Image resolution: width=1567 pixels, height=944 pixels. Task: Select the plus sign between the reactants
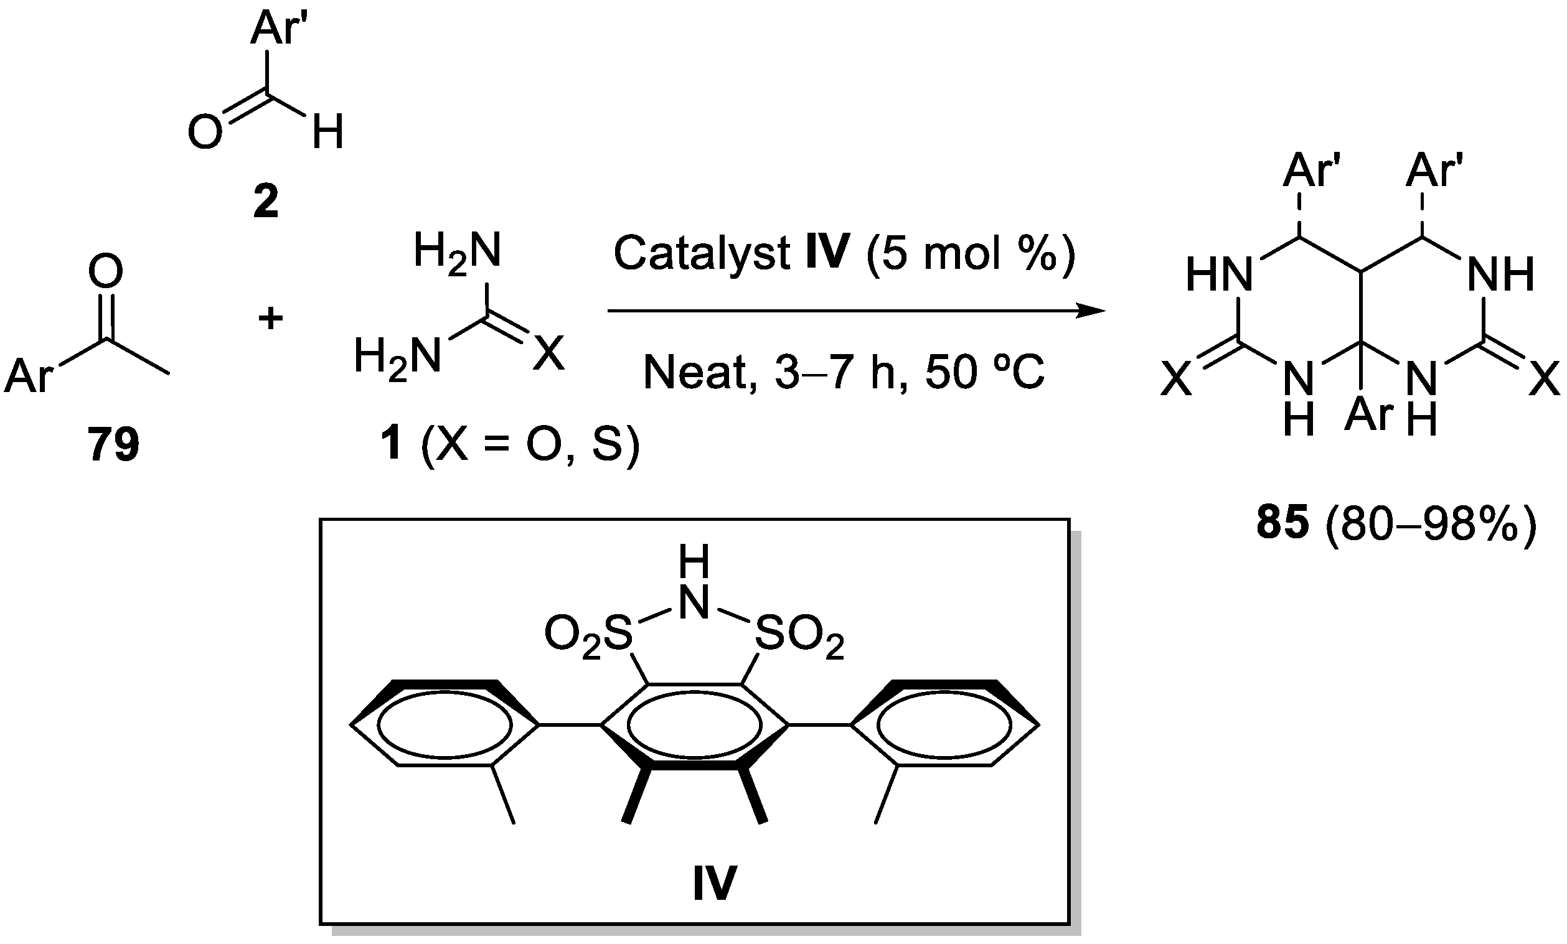click(x=270, y=318)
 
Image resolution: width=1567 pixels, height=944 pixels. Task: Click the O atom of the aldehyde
click(x=205, y=132)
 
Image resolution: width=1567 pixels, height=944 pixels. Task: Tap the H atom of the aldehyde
click(x=327, y=132)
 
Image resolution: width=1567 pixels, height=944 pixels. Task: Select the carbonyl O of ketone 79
click(x=105, y=271)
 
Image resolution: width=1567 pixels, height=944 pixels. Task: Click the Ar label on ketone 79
click(x=29, y=375)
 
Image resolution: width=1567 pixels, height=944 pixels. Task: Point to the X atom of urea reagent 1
click(x=548, y=353)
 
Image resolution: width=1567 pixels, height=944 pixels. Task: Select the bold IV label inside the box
click(x=715, y=883)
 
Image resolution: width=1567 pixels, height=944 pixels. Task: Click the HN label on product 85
click(x=1219, y=275)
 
